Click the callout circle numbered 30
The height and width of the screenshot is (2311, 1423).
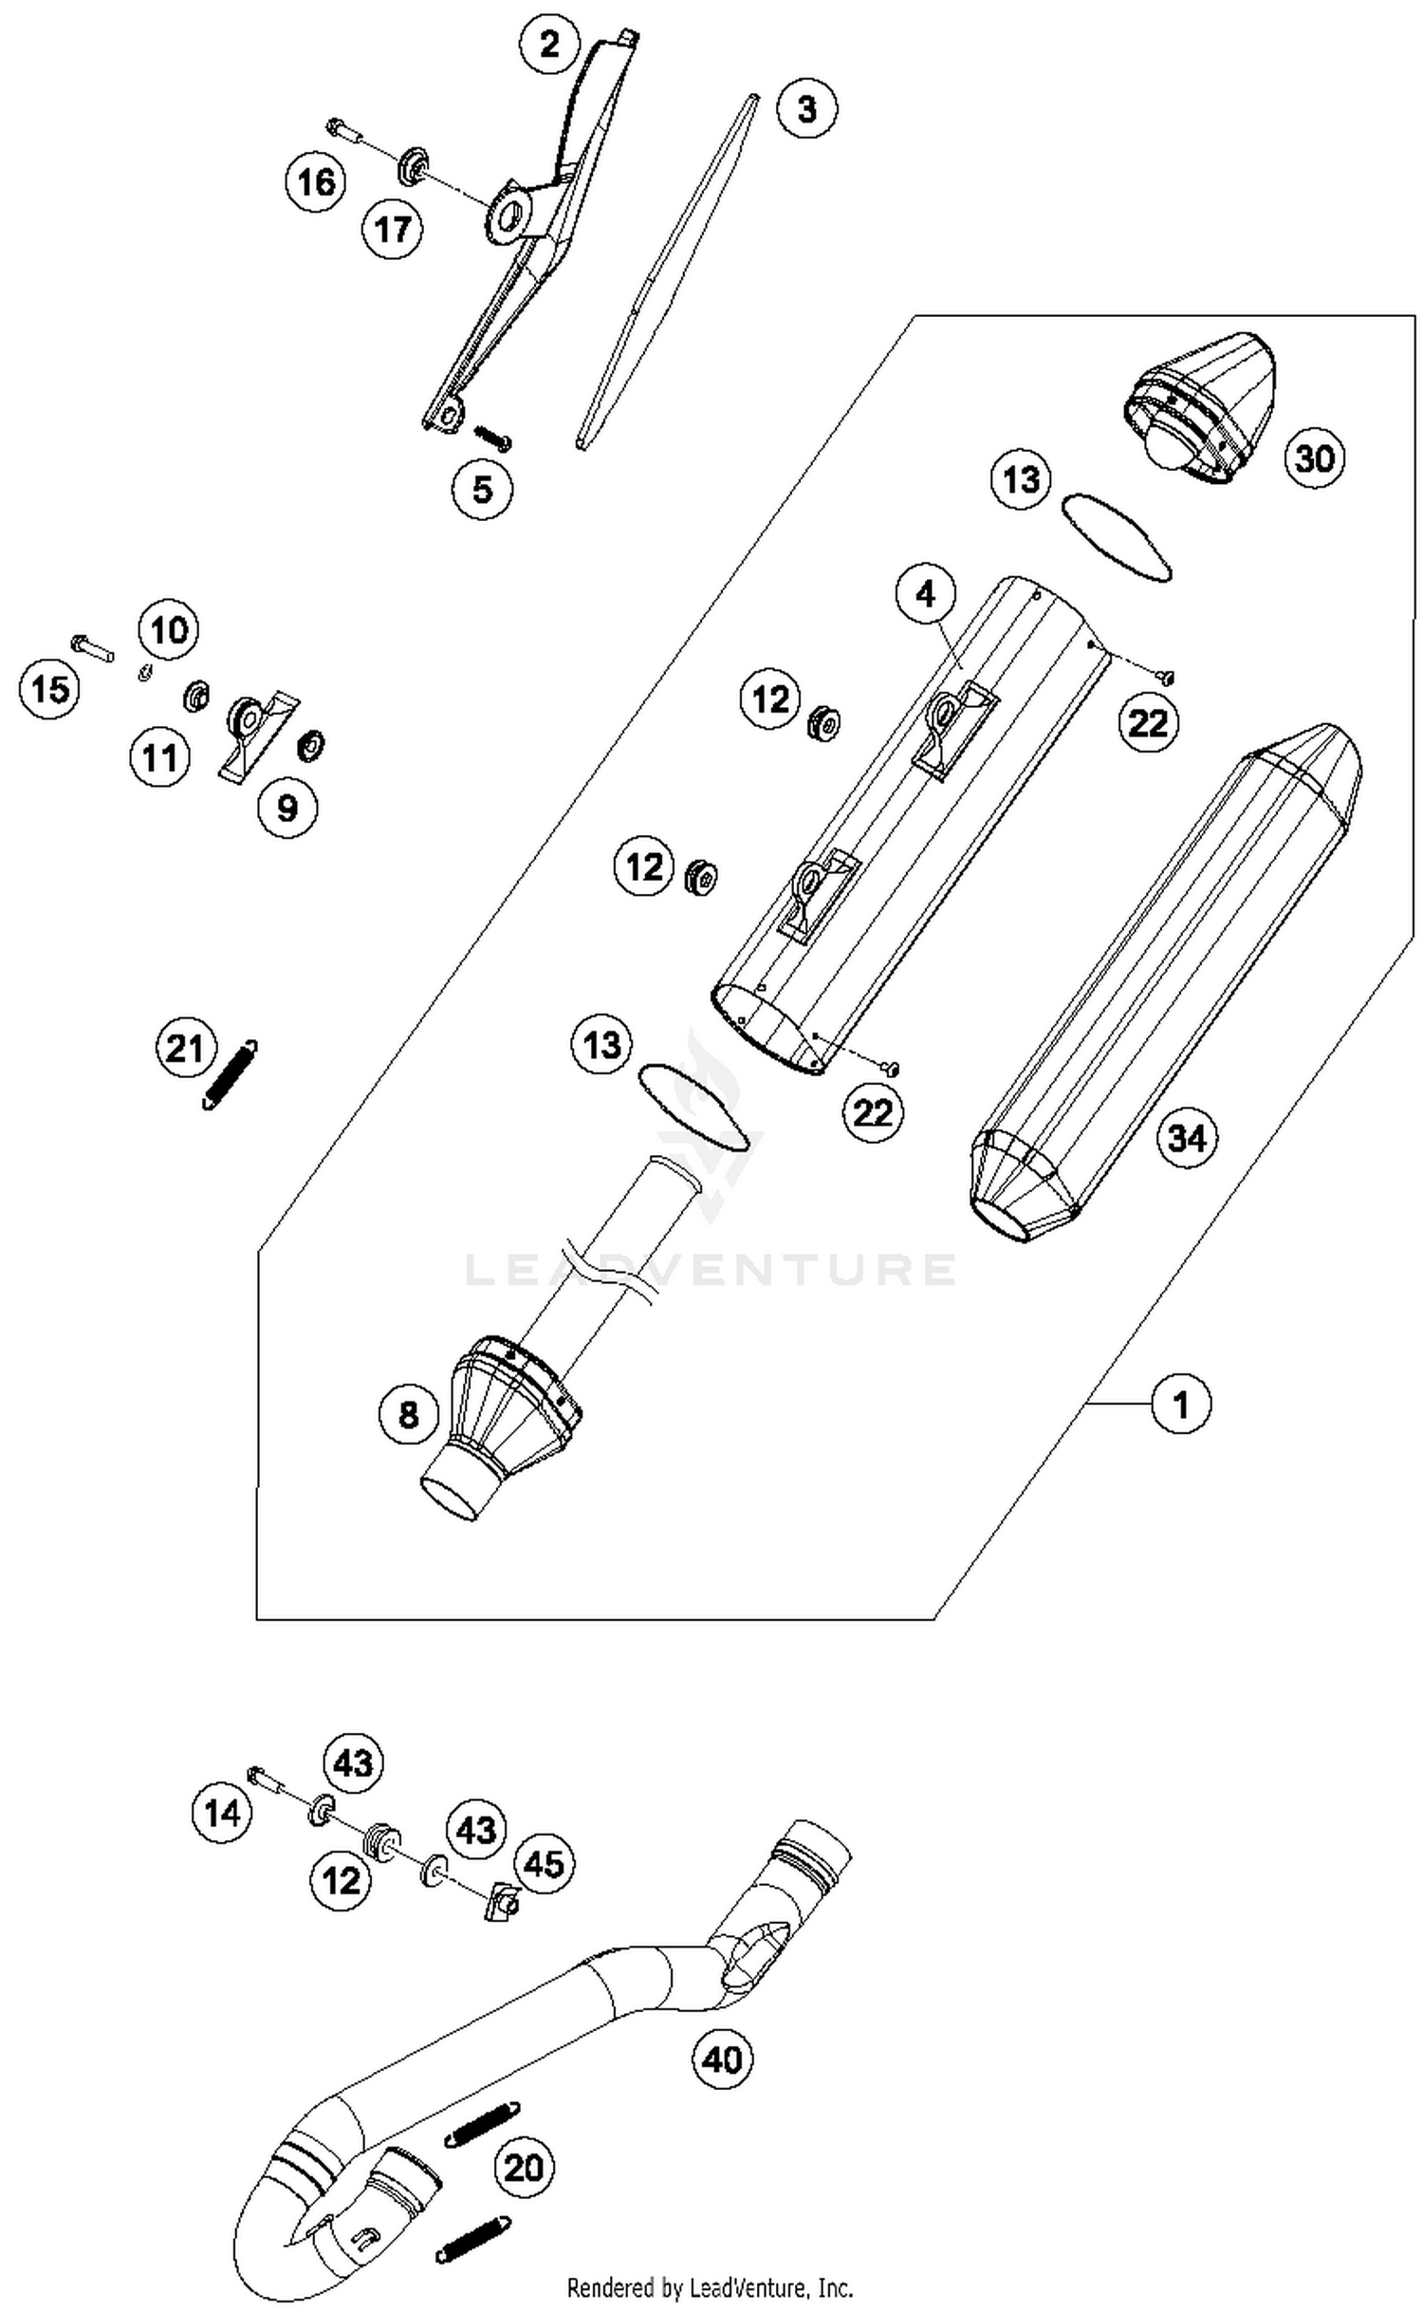tap(1315, 458)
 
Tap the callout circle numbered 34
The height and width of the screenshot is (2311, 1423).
tap(1187, 1137)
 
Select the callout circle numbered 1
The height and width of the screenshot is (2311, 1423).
tap(1181, 1403)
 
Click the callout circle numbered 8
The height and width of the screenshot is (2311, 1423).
tap(408, 1415)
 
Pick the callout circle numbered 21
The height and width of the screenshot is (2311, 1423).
tap(185, 1049)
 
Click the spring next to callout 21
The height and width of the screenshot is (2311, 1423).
tap(231, 1074)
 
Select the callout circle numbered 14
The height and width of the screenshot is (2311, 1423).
tap(223, 1814)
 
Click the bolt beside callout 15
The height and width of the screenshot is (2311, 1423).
tap(92, 648)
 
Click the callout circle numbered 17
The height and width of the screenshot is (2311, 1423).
tap(393, 229)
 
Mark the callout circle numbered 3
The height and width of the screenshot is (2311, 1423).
tap(806, 109)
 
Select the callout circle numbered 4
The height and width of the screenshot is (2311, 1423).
tap(925, 594)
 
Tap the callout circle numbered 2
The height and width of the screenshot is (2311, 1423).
tap(550, 44)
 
